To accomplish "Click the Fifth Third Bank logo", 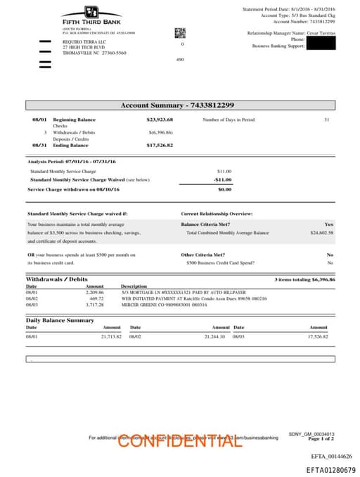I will [x=91, y=16].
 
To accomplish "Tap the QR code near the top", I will [x=180, y=33].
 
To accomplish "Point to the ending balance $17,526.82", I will [x=160, y=145].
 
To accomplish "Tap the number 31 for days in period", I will [x=326, y=120].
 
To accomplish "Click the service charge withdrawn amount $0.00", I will [x=224, y=189].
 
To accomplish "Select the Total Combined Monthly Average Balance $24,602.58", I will [x=321, y=232].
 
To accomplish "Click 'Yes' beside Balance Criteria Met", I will [x=328, y=224].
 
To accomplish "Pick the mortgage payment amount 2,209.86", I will [x=95, y=292].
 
